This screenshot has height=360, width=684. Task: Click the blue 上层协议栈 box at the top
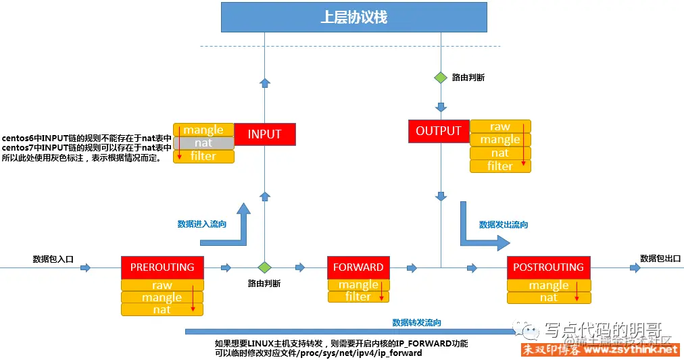point(353,17)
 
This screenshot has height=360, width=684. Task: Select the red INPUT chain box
point(264,134)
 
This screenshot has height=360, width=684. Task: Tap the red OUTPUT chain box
point(439,131)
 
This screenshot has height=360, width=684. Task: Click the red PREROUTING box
point(162,267)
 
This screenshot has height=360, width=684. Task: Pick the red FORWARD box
point(358,267)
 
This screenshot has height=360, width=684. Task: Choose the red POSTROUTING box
point(548,267)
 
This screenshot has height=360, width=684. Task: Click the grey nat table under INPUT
point(203,143)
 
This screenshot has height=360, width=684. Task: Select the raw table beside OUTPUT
point(500,126)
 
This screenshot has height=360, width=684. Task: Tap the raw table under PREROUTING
point(162,285)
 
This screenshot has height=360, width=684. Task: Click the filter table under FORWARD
point(358,297)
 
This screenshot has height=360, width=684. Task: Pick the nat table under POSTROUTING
point(549,297)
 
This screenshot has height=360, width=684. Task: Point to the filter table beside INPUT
point(203,156)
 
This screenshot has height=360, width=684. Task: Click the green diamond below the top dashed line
point(441,78)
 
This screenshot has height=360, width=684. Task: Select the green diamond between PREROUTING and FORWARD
point(264,267)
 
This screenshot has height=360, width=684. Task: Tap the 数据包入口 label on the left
point(53,259)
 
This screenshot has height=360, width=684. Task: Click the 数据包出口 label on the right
point(660,258)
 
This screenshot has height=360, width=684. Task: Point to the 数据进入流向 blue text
point(202,224)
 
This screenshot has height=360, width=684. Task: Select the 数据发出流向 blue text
point(504,224)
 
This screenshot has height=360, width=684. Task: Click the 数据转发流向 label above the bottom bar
point(417,322)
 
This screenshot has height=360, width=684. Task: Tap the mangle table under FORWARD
point(358,284)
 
